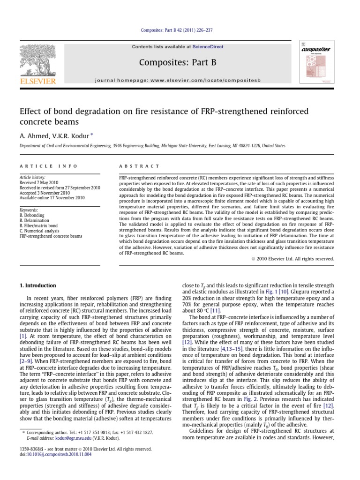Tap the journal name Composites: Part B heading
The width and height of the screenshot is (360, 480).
[180, 63]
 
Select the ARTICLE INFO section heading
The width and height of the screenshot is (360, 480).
[44, 166]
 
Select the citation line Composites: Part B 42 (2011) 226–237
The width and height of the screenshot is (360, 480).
[180, 30]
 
